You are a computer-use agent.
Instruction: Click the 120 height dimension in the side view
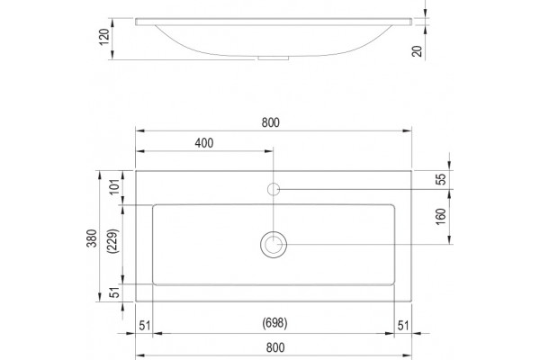[104, 36]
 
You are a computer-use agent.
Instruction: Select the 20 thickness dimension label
[417, 51]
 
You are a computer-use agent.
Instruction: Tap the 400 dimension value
[204, 143]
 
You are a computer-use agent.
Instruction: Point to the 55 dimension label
[440, 179]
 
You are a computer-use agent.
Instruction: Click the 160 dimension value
[440, 217]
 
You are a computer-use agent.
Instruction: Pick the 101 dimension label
[115, 187]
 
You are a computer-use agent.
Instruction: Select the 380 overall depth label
[92, 238]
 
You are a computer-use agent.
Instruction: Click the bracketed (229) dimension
[113, 241]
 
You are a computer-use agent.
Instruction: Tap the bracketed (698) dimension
[274, 323]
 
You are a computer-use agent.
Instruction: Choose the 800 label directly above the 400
[270, 122]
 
